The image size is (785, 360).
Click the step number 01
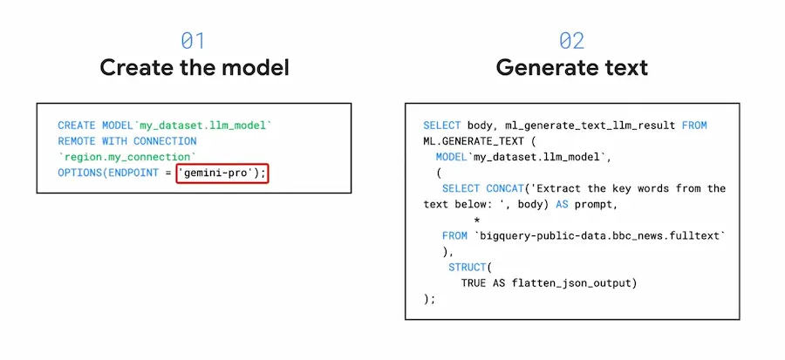coord(193,40)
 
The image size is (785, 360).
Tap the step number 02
coord(571,40)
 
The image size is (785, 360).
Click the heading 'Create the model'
coord(195,67)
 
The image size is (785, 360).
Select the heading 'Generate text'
coord(571,67)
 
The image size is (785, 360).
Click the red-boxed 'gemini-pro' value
coord(222,173)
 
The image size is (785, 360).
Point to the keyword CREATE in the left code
coord(77,126)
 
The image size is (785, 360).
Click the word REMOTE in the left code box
coord(77,141)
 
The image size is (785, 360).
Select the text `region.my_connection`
coord(127,157)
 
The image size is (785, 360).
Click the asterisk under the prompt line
coord(476,220)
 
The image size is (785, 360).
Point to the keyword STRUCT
coord(468,267)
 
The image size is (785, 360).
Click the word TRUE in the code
coord(473,283)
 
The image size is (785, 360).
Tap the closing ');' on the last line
coord(429,299)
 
